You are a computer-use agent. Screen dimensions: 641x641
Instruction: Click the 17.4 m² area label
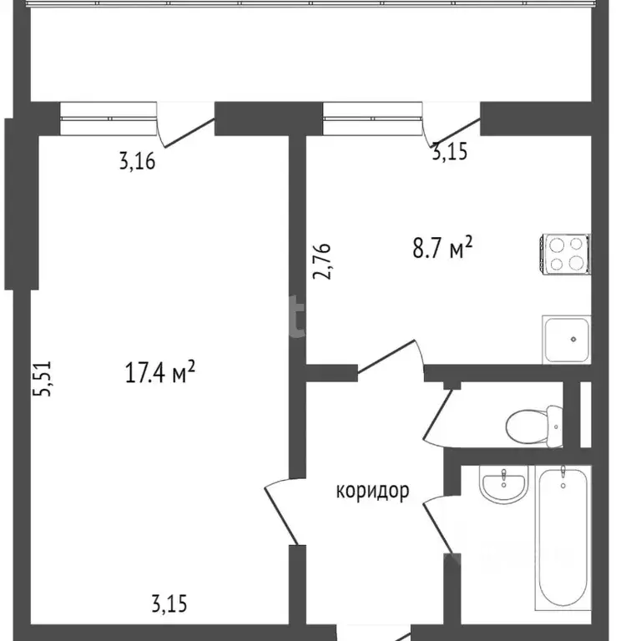(160, 373)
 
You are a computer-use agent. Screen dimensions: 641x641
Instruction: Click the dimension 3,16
(137, 161)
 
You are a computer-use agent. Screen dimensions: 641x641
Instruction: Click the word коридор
(372, 491)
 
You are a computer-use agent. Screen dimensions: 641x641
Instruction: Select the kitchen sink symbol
(567, 339)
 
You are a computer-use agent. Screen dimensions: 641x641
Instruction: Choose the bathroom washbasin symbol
(503, 485)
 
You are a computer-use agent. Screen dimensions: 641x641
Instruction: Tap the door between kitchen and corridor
(391, 357)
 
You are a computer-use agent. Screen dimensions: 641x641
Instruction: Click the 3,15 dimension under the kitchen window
(449, 152)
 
